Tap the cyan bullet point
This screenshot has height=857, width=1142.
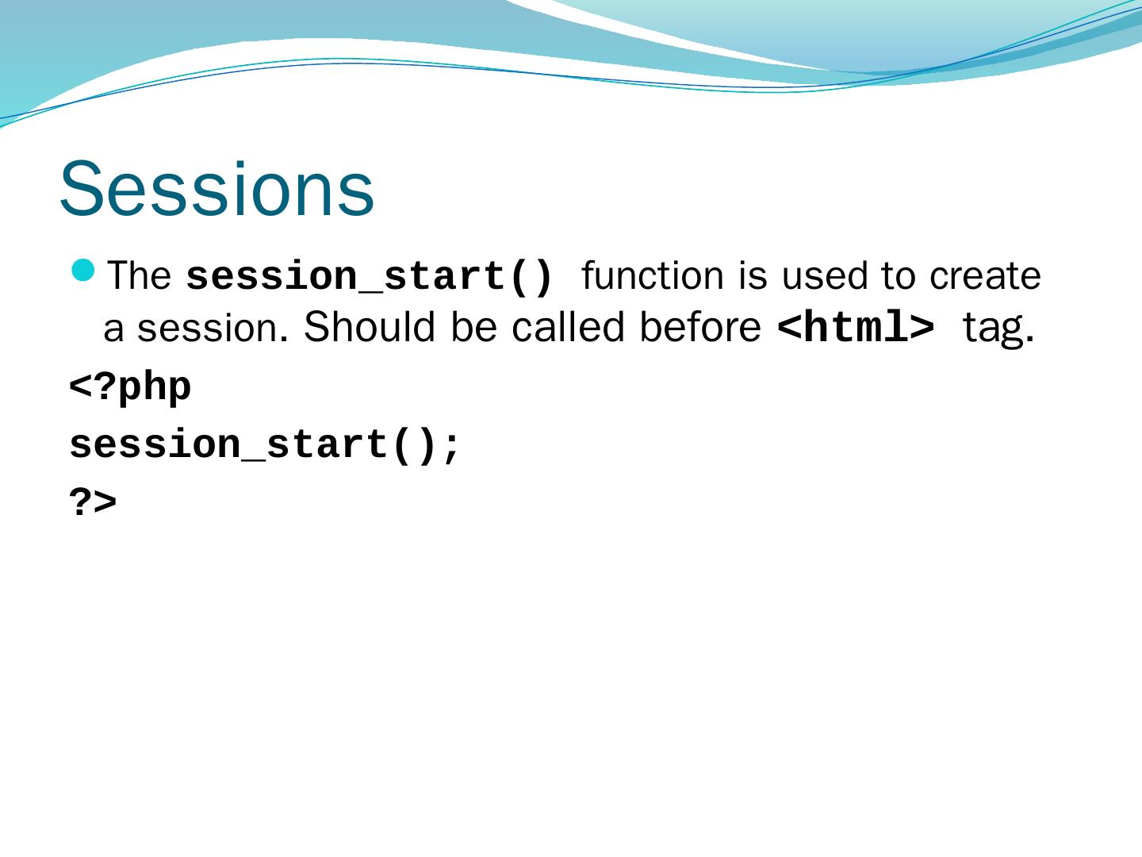click(x=83, y=271)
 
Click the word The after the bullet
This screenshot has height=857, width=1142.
click(x=139, y=275)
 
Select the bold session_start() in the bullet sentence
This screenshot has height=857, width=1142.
click(x=369, y=277)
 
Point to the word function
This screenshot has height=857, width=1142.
click(x=653, y=275)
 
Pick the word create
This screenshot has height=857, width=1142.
click(x=985, y=276)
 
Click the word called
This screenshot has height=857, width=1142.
click(x=568, y=327)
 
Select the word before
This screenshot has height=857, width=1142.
click(x=700, y=327)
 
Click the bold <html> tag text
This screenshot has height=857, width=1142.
click(x=856, y=327)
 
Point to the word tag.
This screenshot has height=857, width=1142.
click(x=998, y=329)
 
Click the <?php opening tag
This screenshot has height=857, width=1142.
click(x=130, y=388)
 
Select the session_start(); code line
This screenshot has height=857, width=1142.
click(x=264, y=445)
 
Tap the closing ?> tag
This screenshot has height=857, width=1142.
click(x=93, y=502)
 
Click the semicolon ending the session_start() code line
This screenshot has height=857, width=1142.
click(x=450, y=448)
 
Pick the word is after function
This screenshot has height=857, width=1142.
click(x=753, y=275)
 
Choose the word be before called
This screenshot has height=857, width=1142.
click(x=474, y=327)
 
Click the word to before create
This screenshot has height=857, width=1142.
click(x=898, y=276)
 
